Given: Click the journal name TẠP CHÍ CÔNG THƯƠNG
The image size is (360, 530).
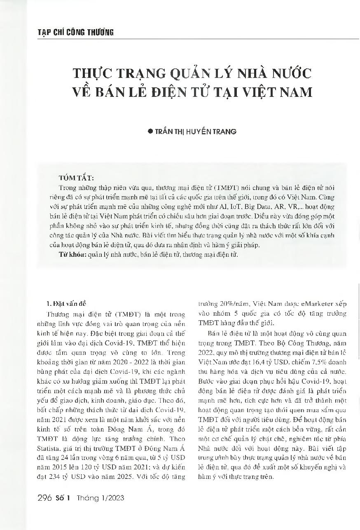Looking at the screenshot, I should pos(70,33).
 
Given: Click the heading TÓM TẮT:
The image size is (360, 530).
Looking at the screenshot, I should pos(76,178).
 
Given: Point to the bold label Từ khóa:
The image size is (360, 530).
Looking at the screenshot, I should pos(72,255).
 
